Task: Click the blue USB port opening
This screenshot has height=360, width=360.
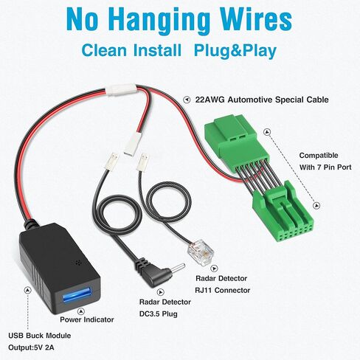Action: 77,295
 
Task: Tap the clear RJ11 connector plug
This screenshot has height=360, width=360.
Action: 201,253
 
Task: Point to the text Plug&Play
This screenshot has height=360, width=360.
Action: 235,51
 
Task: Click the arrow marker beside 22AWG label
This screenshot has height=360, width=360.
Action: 187,100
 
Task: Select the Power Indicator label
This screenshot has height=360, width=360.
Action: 87,319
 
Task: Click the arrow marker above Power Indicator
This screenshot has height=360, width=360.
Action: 80,311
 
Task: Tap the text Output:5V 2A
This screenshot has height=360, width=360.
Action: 31,347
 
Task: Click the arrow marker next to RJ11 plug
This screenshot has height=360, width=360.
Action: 215,269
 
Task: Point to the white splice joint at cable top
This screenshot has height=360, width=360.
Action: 122,89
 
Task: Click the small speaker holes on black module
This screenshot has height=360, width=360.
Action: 78,263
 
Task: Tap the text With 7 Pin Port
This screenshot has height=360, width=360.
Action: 325,167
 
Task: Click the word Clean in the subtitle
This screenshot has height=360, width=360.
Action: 104,50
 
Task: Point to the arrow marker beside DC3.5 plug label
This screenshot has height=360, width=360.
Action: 160,292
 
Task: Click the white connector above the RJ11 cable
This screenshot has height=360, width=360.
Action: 142,162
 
